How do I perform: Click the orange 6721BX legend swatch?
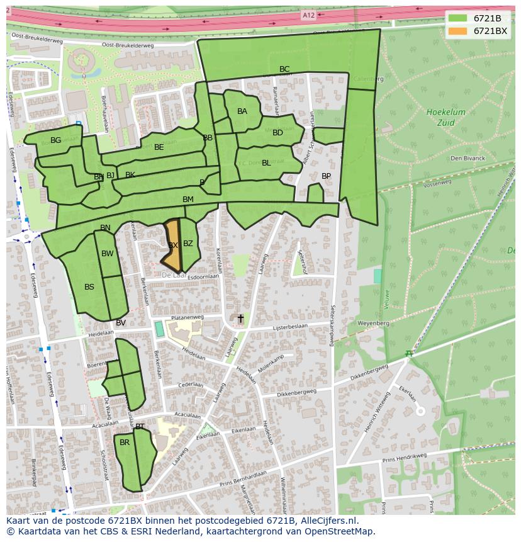pos(458,31)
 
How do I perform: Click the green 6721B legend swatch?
pos(458,18)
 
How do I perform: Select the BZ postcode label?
pos(188,244)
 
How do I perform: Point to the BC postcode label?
pos(284,69)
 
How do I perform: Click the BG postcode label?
pos(56,140)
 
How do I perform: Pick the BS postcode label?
pos(89,287)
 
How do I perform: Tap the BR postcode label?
pos(125,443)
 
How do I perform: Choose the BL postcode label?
pos(266,163)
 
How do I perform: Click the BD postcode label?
pos(277,133)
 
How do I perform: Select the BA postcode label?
pos(242,111)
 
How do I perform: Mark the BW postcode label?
pos(108,254)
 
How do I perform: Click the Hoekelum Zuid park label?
pos(445,117)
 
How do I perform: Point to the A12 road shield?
pos(308,15)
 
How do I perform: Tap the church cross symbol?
pos(240,319)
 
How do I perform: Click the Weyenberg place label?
pos(374,323)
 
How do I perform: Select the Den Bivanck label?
pos(468,158)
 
